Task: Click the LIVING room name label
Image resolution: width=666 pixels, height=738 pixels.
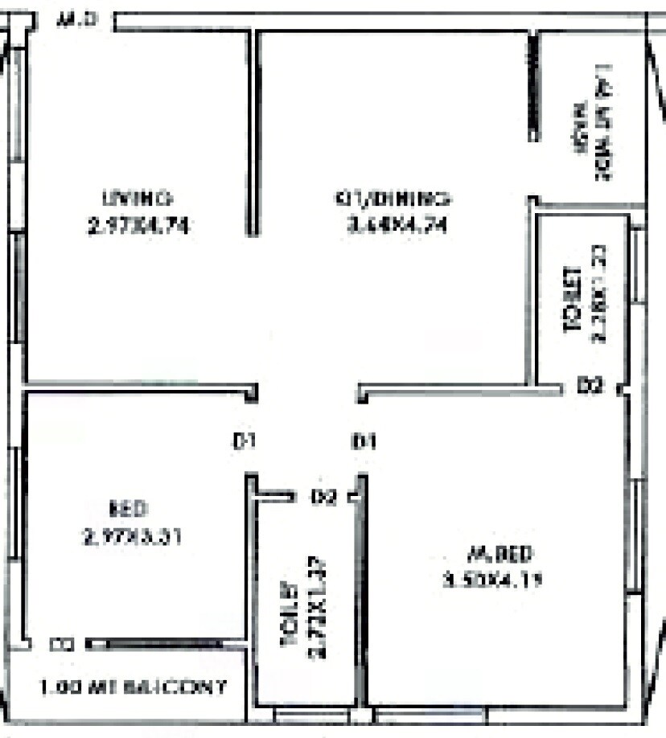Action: tap(138, 198)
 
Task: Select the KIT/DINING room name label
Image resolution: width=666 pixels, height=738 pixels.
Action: tap(393, 198)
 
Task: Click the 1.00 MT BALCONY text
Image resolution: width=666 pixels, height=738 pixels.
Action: tap(134, 689)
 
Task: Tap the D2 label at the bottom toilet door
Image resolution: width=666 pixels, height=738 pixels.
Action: tap(323, 498)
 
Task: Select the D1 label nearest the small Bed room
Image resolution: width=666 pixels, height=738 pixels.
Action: tap(244, 441)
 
